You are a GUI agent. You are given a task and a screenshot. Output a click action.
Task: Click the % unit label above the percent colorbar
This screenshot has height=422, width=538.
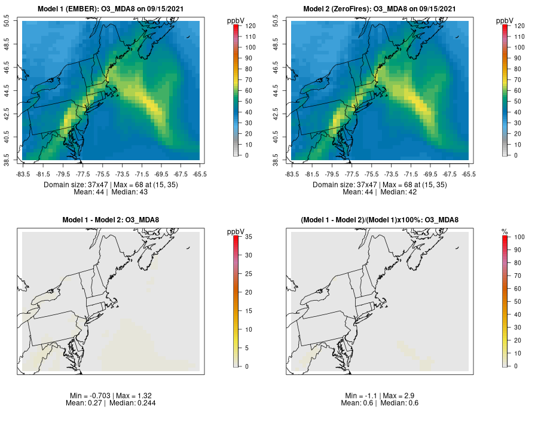click(505, 231)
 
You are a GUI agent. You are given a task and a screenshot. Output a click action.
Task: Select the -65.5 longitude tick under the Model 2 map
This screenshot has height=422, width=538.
click(469, 174)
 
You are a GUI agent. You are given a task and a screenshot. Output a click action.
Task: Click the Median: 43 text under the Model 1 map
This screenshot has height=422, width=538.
click(129, 192)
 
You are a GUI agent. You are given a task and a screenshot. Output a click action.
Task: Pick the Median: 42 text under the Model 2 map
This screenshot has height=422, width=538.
click(398, 192)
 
